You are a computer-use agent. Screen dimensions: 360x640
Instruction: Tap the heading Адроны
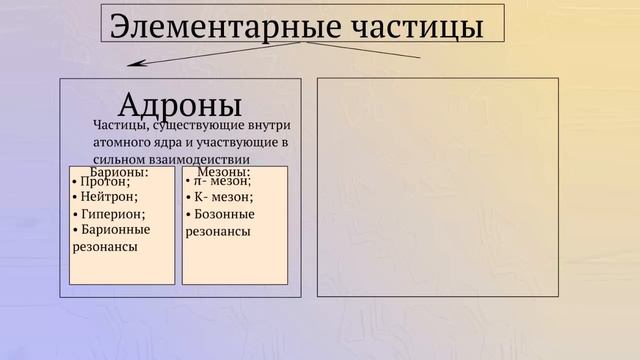pos(180,103)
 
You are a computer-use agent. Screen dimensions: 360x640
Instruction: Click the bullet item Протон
pos(104,182)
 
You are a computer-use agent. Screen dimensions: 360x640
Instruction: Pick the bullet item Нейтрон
pos(108,198)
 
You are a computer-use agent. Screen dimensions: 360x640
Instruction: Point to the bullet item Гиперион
pos(112,214)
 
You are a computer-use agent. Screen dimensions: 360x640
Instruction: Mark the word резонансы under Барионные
pos(105,246)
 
